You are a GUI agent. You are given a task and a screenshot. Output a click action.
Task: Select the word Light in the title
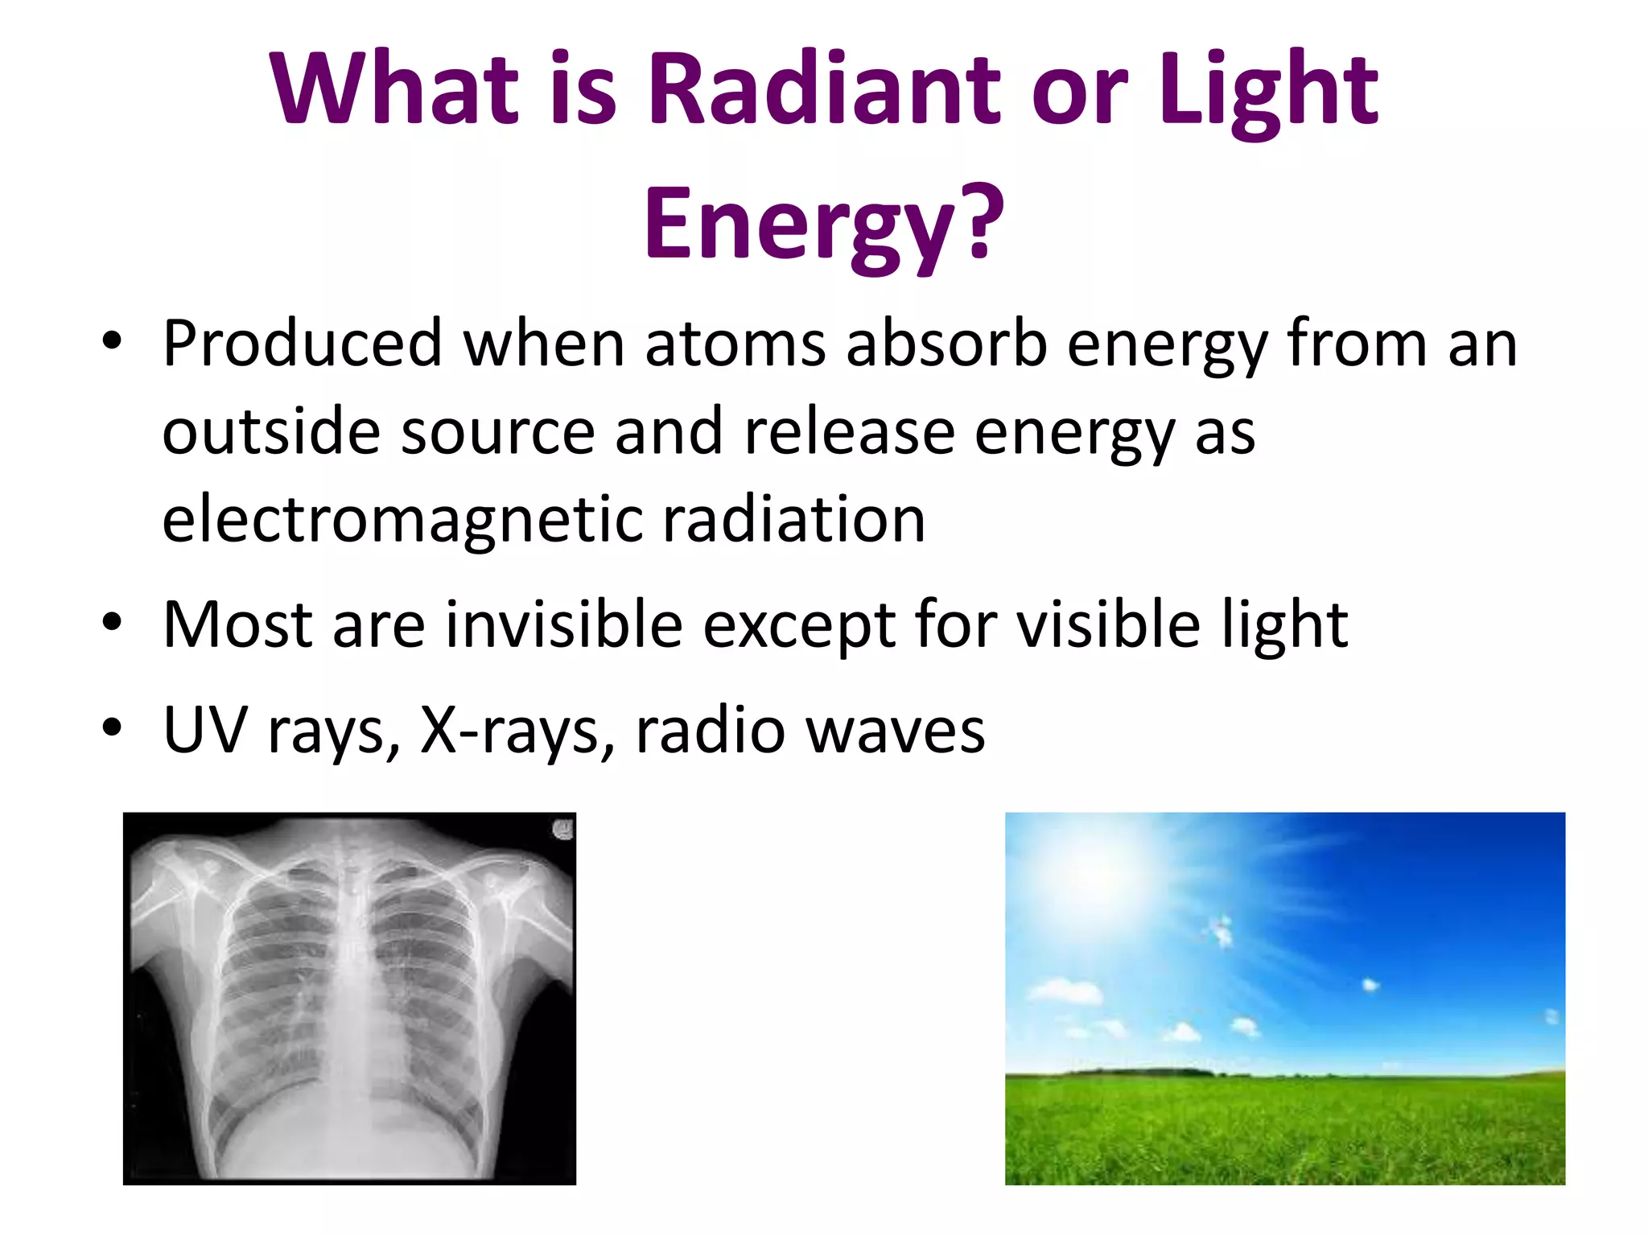click(1268, 90)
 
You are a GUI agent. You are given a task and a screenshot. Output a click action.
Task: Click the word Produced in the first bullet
click(302, 344)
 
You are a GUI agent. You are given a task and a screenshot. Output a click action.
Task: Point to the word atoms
click(735, 344)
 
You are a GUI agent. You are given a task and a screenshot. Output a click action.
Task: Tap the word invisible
click(563, 624)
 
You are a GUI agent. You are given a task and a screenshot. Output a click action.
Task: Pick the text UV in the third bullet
click(204, 730)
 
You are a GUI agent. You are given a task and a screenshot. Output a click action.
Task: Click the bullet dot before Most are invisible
click(112, 622)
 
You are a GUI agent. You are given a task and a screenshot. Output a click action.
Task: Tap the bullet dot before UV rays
click(112, 727)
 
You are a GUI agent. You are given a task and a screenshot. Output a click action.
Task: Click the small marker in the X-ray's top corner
click(562, 829)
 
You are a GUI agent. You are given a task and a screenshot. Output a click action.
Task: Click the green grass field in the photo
click(1284, 1131)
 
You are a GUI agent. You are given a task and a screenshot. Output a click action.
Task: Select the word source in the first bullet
click(497, 432)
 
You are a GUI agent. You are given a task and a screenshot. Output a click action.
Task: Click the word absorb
click(946, 344)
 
